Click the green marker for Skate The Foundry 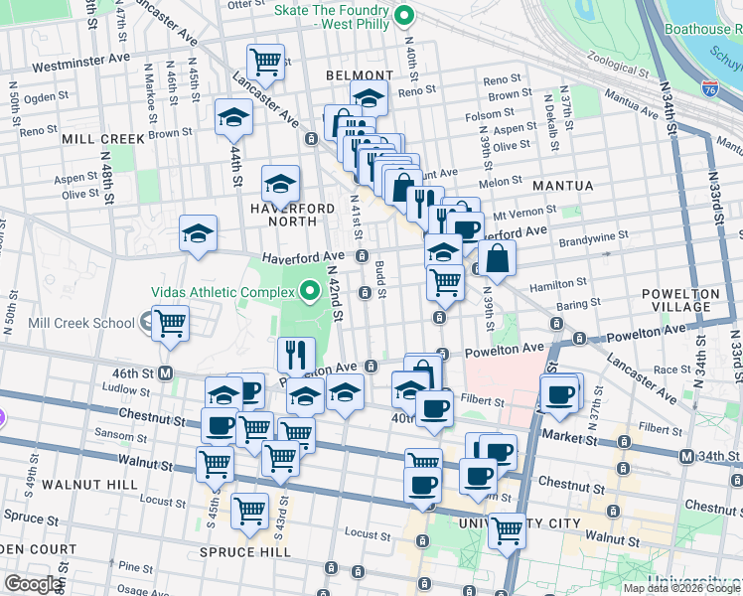(403, 16)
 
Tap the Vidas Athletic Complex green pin (309, 292)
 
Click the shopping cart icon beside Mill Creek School (171, 322)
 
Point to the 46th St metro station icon (165, 372)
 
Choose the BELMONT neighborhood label (359, 75)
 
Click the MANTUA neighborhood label (562, 186)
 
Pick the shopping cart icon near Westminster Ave (265, 62)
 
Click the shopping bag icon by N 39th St (497, 257)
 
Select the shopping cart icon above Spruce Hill (249, 511)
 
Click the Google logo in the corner (33, 584)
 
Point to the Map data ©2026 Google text (681, 588)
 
